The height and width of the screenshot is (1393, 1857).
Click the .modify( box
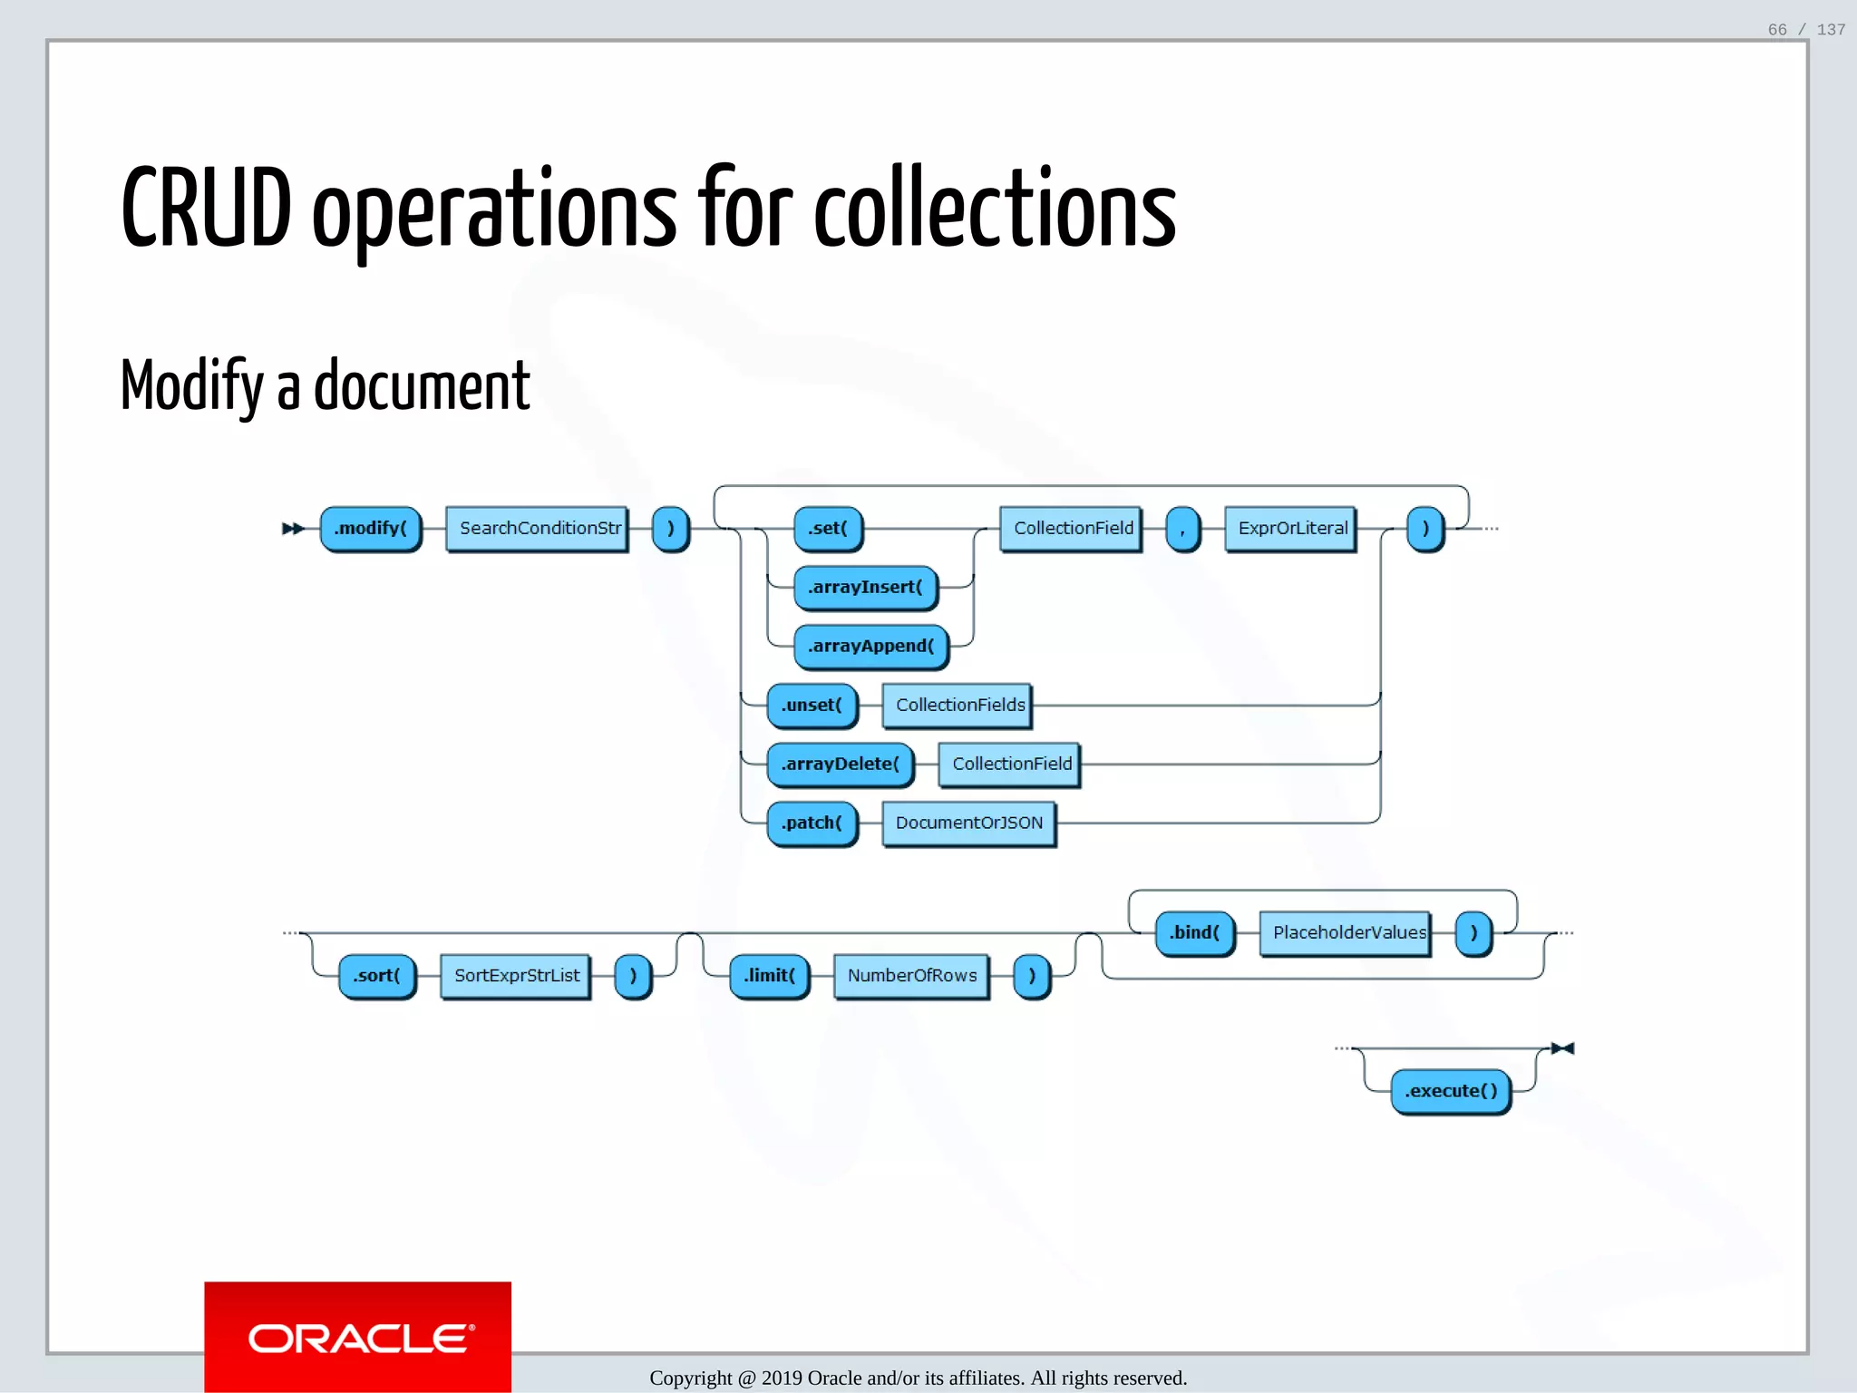pos(370,529)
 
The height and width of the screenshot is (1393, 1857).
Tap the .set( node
pos(827,529)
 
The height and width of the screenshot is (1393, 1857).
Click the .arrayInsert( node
pos(865,588)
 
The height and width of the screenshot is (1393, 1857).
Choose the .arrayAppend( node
pos(870,647)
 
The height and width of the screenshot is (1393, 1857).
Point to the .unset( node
pos(812,706)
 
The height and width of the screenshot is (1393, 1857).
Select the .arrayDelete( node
pos(840,765)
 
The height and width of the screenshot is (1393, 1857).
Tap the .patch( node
pos(812,823)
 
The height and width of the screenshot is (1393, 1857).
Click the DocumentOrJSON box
pos(968,823)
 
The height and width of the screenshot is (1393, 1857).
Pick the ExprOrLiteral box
pos(1291,529)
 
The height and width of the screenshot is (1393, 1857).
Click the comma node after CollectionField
pos(1182,529)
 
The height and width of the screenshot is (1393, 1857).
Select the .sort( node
pos(376,976)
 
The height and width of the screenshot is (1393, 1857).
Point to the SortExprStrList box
pos(516,976)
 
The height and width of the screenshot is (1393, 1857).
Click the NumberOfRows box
pos(911,976)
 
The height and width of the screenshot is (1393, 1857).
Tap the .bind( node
pos(1194,933)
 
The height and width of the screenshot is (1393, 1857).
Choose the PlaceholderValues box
pos(1347,933)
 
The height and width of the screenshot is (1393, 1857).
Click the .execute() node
pos(1450,1092)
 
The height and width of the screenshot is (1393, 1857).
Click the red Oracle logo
pos(358,1337)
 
